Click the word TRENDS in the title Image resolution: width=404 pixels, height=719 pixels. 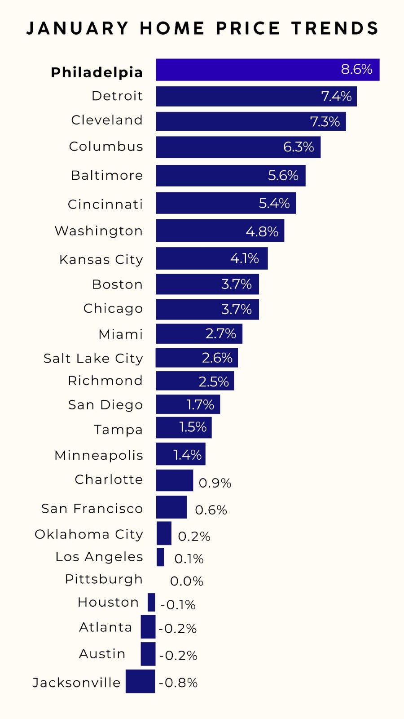pyautogui.click(x=335, y=28)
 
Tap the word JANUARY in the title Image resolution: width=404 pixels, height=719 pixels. pyautogui.click(x=78, y=28)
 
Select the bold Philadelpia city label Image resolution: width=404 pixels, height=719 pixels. pyautogui.click(x=97, y=72)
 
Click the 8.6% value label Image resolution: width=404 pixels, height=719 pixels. pyautogui.click(x=356, y=69)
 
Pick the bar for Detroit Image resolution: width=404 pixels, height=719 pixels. pyautogui.click(x=238, y=96)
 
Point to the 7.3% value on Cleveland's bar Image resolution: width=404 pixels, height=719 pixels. pyautogui.click(x=325, y=121)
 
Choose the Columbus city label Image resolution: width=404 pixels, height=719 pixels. pyautogui.click(x=106, y=146)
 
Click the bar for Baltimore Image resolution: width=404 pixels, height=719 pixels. pyautogui.click(x=211, y=175)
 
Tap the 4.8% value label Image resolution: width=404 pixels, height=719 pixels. pyautogui.click(x=262, y=231)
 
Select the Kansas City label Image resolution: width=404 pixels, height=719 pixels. pyautogui.click(x=101, y=259)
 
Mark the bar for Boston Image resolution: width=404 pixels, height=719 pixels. pyautogui.click(x=189, y=284)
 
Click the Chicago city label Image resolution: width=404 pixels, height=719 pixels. pyautogui.click(x=113, y=308)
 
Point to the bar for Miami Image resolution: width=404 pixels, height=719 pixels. pyautogui.click(x=180, y=333)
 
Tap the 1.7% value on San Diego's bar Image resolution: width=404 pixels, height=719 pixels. pyautogui.click(x=200, y=404)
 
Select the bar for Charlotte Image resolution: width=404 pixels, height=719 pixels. pyautogui.click(x=174, y=480)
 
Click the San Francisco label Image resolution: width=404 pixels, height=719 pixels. pyautogui.click(x=92, y=508)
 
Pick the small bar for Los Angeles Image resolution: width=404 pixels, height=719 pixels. pyautogui.click(x=160, y=557)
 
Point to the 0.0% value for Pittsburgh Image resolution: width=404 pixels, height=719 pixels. pyautogui.click(x=187, y=581)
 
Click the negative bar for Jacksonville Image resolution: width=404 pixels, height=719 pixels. pyautogui.click(x=141, y=681)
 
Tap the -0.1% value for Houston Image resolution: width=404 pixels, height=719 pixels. pyautogui.click(x=178, y=605)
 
